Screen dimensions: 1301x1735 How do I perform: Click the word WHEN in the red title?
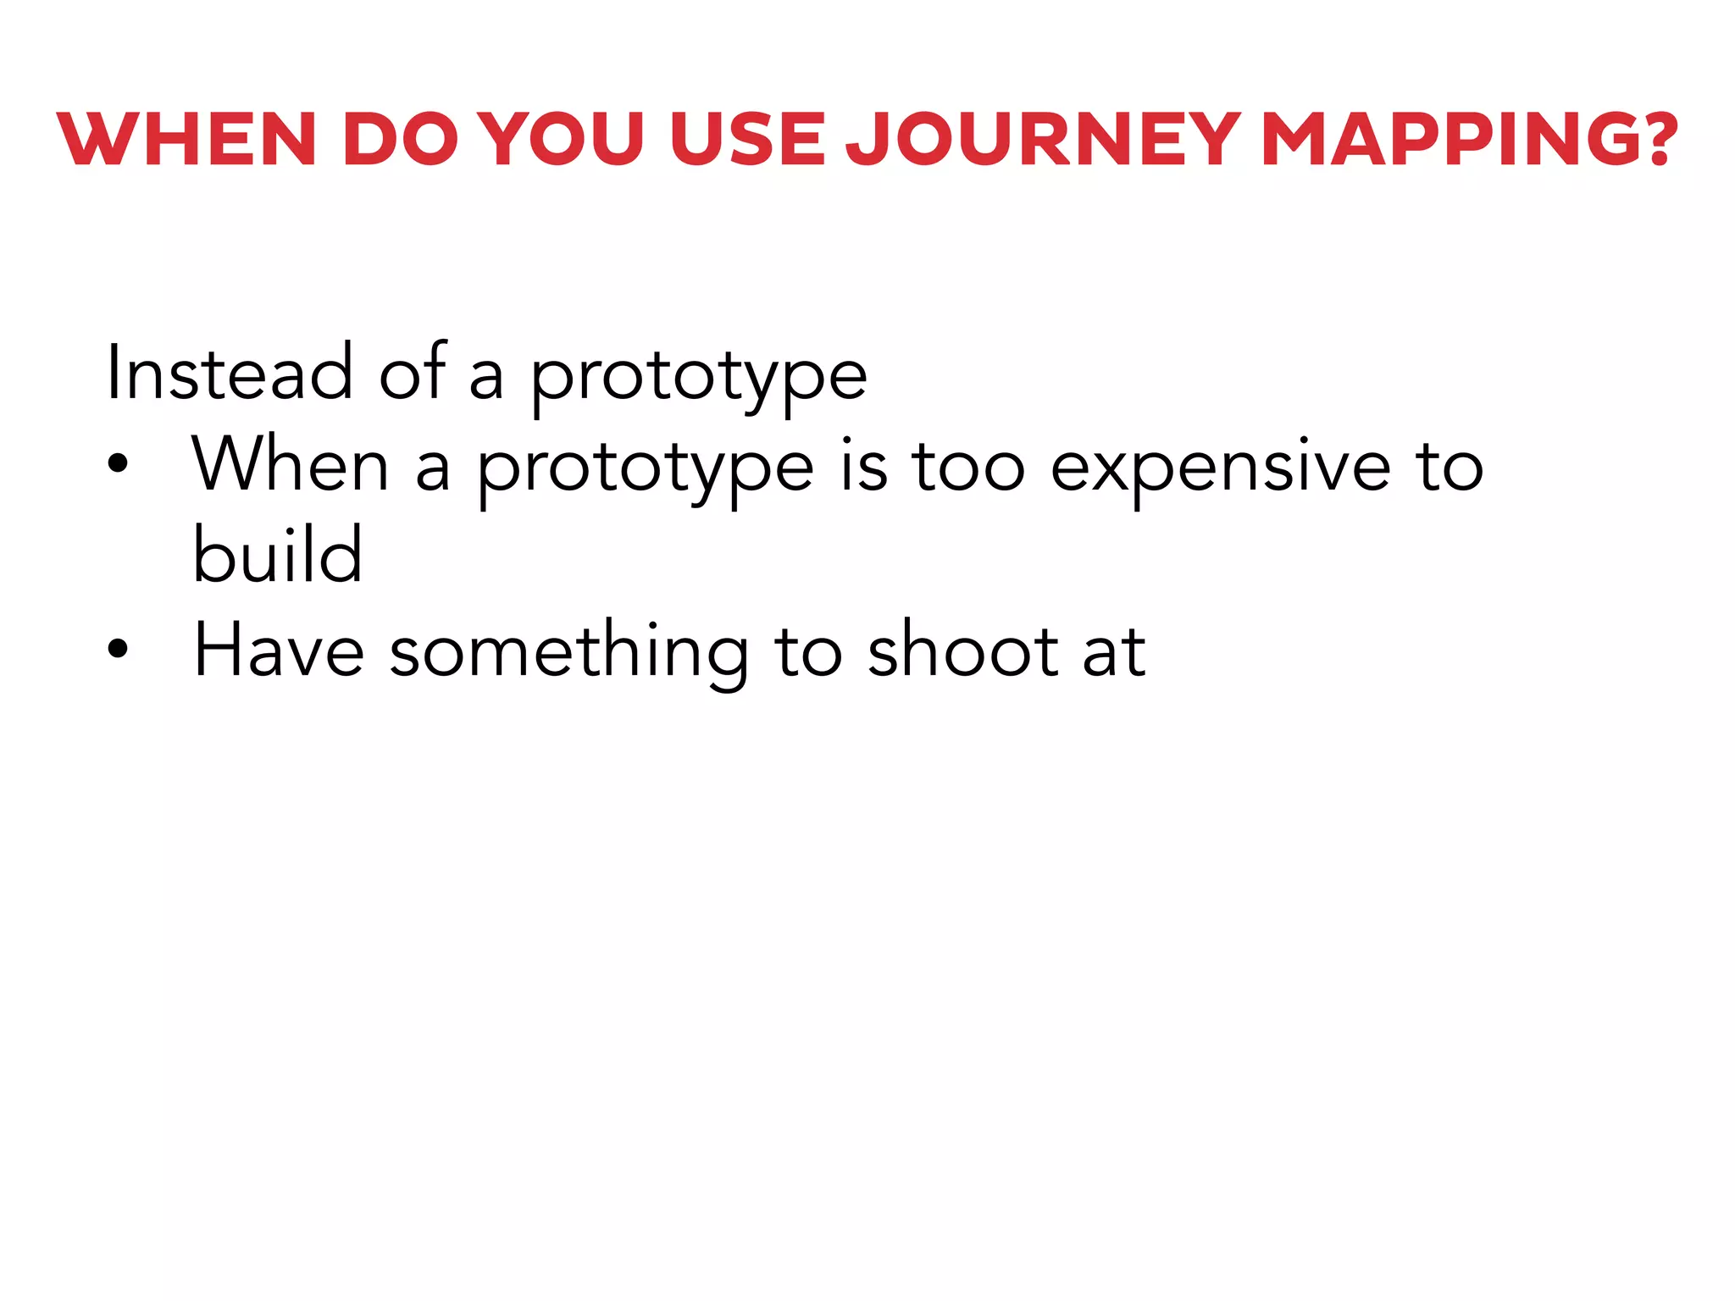click(187, 140)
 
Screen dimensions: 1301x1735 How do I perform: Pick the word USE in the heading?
click(746, 140)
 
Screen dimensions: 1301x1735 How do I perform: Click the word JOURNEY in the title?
click(1043, 140)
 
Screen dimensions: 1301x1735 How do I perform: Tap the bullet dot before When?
click(118, 463)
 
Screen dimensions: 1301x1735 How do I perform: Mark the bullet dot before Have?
click(118, 648)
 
